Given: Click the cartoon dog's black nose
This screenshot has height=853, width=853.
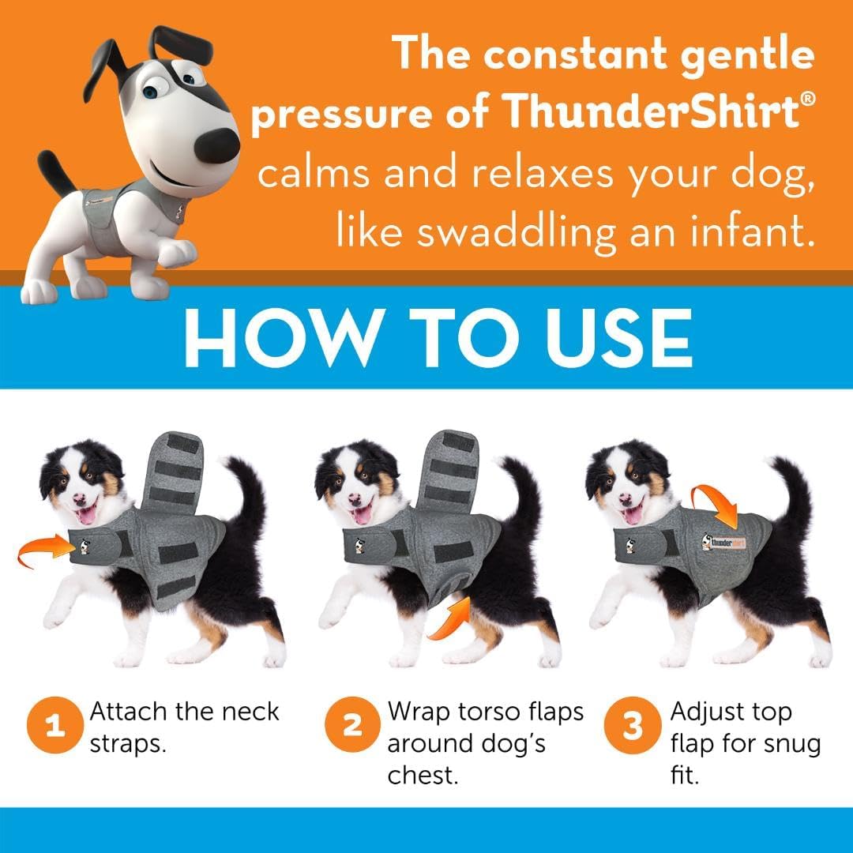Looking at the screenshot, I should point(216,144).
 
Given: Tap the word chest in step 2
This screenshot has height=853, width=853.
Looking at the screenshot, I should point(423,775).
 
